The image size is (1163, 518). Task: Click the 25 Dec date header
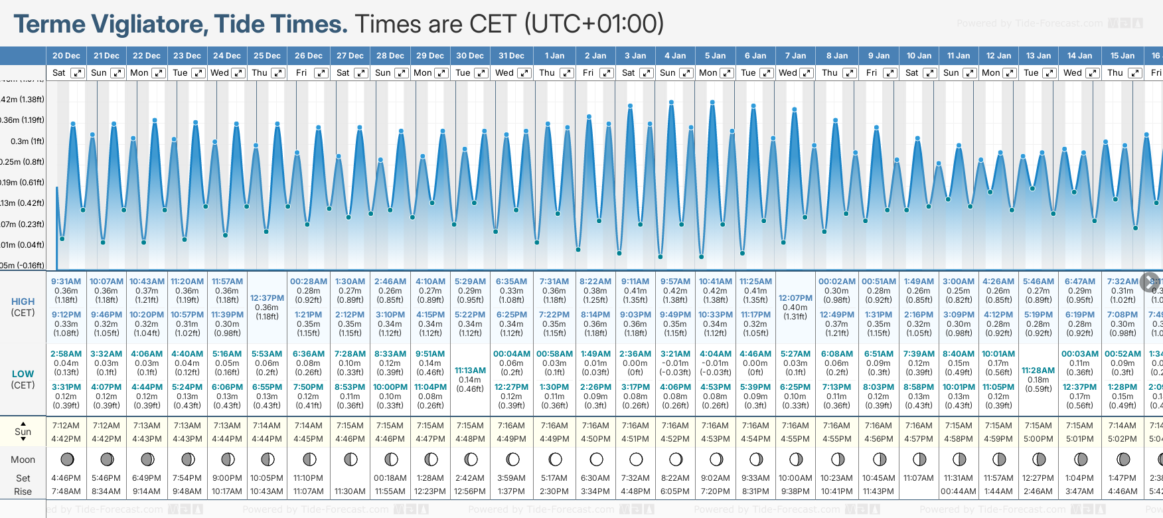tap(267, 56)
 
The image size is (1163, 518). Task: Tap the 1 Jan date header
tap(554, 56)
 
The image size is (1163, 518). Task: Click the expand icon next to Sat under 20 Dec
tap(78, 73)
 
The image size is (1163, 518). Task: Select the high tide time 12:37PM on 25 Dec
tap(267, 298)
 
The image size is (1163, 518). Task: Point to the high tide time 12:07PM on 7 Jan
tap(795, 298)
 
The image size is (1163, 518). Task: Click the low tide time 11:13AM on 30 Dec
tap(470, 371)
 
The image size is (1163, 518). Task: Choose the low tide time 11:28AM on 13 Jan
tap(1038, 371)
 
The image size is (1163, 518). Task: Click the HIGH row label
tap(23, 302)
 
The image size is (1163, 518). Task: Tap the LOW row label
tap(23, 374)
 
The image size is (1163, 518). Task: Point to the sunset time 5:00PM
tap(1038, 439)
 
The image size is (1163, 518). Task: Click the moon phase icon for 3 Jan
tap(636, 459)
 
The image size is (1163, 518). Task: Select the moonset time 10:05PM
tap(267, 478)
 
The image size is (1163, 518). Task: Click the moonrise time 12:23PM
tap(430, 491)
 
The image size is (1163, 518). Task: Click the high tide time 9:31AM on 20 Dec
tap(66, 282)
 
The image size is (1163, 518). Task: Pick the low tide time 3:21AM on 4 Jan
tap(675, 354)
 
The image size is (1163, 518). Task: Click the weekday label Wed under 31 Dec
tap(504, 73)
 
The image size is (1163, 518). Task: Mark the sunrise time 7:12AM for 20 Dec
tap(66, 426)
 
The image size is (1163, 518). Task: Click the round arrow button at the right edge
tap(1150, 282)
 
